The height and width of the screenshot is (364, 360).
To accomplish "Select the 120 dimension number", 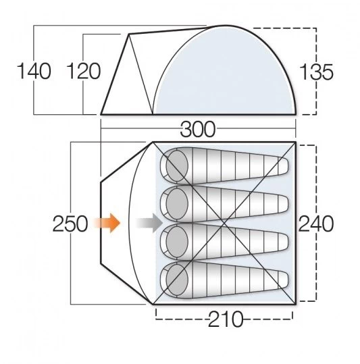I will pos(84,72).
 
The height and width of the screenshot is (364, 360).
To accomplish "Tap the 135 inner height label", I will pos(317,72).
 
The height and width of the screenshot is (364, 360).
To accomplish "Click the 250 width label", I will pos(70,223).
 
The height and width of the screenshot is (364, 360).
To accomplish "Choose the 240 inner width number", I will pos(317,223).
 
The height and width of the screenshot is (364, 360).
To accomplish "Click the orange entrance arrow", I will pos(108,222).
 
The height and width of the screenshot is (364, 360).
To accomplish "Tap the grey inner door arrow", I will pos(148,222).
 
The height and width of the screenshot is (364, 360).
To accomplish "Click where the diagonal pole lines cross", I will pos(224,222).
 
